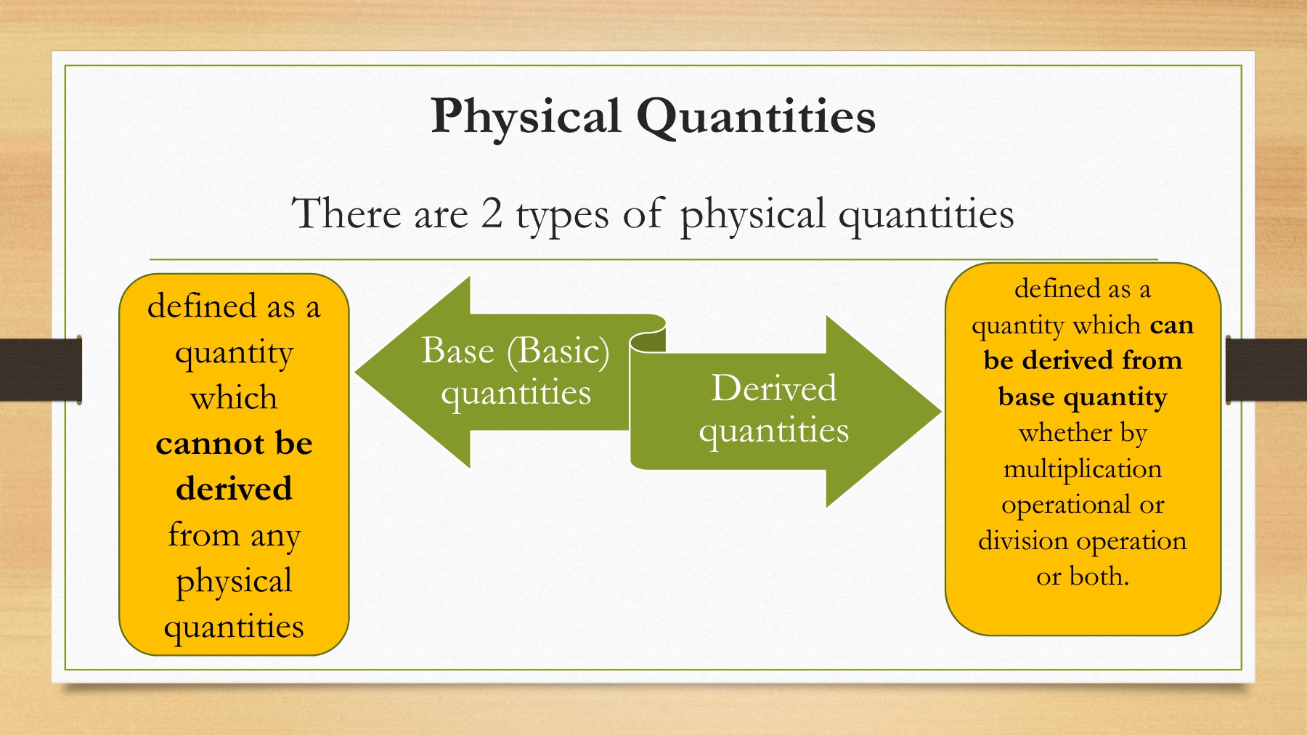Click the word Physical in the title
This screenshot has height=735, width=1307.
tap(526, 116)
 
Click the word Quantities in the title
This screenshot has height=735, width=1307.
tap(757, 116)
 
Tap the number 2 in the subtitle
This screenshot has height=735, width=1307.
tap(492, 214)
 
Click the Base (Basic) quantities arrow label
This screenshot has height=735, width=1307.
tap(516, 371)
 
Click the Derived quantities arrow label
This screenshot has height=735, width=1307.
tap(774, 409)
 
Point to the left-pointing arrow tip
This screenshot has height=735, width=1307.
tap(355, 373)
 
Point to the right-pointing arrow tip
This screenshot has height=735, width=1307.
tap(941, 412)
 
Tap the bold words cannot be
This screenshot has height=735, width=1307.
tap(234, 443)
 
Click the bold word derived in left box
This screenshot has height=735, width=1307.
tap(234, 488)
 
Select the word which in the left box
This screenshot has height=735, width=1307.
tap(234, 397)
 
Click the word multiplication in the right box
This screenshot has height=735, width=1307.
tap(1083, 469)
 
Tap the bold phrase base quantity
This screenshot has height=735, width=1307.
tap(1083, 398)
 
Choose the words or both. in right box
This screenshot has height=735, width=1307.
tap(1083, 577)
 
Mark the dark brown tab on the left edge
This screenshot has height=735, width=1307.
tap(41, 369)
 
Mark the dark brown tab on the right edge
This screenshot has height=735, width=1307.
tap(1266, 369)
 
